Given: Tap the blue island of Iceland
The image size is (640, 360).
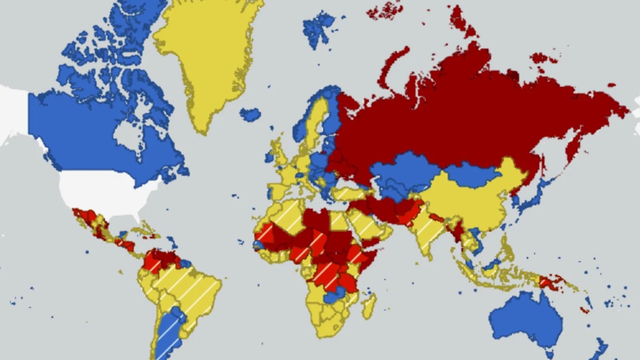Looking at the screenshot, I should (250, 114).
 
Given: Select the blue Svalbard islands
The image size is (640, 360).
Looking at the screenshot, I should (318, 29).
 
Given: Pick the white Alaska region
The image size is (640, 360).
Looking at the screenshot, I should (13, 112).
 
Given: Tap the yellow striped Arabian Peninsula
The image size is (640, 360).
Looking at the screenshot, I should (363, 224).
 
